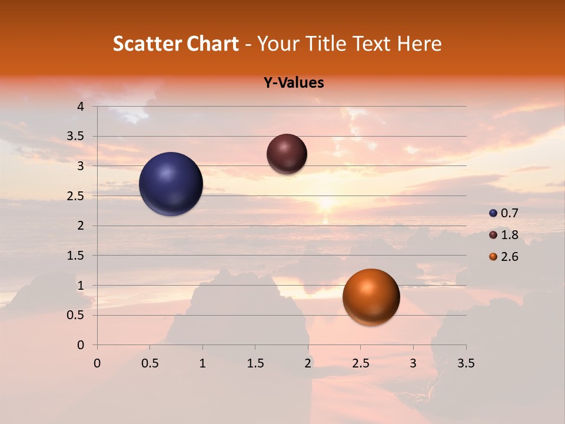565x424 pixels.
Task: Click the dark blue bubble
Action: [x=171, y=184]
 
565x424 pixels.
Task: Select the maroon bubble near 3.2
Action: [x=287, y=154]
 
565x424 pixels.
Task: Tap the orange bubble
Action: [x=371, y=297]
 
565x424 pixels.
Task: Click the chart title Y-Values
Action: [x=293, y=83]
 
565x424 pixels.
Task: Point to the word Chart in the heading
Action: [x=211, y=44]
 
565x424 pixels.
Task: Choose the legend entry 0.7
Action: [x=504, y=213]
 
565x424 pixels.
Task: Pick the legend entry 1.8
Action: [x=504, y=235]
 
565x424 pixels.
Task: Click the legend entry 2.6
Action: [x=504, y=257]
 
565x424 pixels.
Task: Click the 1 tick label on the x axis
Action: [x=202, y=363]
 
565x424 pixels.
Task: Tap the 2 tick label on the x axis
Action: [x=308, y=363]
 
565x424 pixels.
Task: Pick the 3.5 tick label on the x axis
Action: [x=466, y=363]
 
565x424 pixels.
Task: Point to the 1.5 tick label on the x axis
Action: [x=255, y=363]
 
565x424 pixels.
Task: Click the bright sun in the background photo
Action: [x=325, y=203]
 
